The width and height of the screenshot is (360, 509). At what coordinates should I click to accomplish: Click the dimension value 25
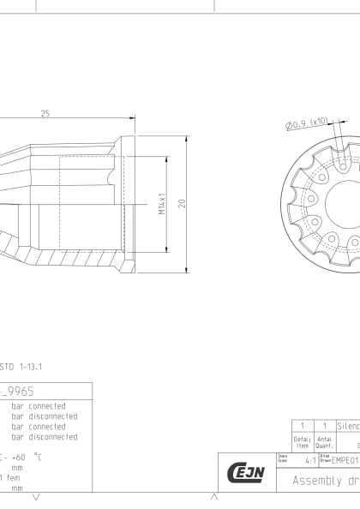[x=45, y=113]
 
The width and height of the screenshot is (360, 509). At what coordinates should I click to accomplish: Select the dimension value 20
[x=182, y=204]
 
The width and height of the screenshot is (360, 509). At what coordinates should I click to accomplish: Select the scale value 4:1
[x=309, y=460]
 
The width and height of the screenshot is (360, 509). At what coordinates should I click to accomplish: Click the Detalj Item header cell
[x=301, y=442]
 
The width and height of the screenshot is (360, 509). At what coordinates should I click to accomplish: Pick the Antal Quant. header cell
[x=324, y=442]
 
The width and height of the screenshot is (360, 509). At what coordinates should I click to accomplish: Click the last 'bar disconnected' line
[x=44, y=437]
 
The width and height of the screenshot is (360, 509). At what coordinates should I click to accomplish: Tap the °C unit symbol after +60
[x=38, y=457]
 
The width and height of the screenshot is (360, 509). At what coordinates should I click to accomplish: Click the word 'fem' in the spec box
[x=14, y=477]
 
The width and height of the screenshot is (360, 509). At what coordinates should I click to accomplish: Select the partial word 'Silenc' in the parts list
[x=348, y=426]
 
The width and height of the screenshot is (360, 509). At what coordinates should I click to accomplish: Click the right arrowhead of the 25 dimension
[x=132, y=121]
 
